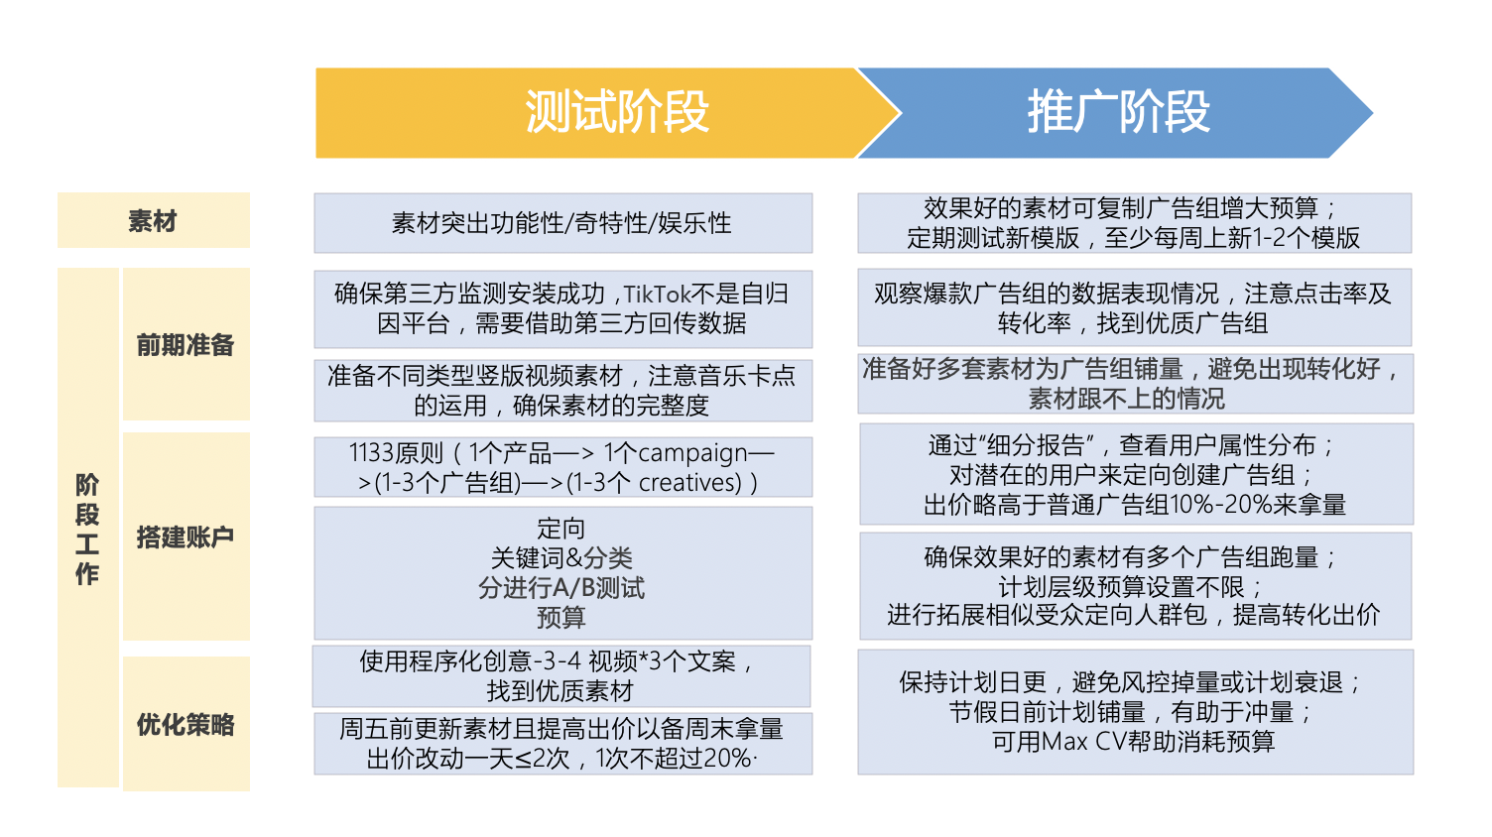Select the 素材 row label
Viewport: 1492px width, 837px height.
(153, 221)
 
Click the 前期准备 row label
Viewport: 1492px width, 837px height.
(186, 345)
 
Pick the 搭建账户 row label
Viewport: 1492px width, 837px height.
(186, 537)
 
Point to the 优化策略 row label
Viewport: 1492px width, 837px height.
(186, 724)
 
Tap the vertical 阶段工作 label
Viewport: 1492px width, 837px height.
(87, 529)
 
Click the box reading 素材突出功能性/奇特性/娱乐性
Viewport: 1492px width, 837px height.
(562, 223)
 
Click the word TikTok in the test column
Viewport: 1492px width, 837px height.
(657, 295)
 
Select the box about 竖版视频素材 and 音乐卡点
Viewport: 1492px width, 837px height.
(562, 391)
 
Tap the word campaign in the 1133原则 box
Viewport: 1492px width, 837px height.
(692, 453)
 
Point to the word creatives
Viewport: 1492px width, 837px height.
(690, 483)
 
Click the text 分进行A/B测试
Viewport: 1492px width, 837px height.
(561, 588)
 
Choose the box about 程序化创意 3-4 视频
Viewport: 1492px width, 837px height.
(561, 676)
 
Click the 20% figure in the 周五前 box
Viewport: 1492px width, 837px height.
(727, 759)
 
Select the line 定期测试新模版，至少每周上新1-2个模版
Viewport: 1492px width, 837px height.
(1133, 238)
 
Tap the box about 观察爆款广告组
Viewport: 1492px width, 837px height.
(1134, 308)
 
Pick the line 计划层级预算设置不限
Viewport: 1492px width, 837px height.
(1133, 586)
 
